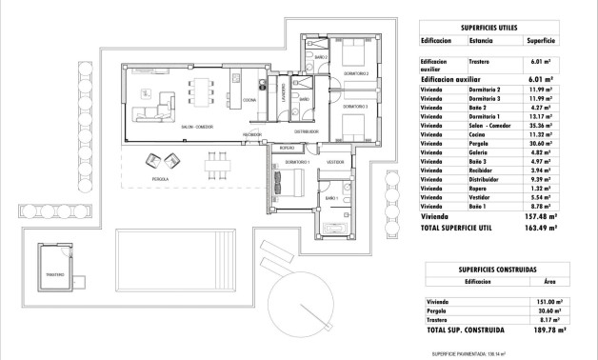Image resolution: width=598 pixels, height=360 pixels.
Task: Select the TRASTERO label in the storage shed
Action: [x=55, y=275]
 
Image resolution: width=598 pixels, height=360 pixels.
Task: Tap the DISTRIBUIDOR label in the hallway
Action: [x=306, y=132]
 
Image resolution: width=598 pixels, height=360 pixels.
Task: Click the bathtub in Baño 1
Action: [x=338, y=229]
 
